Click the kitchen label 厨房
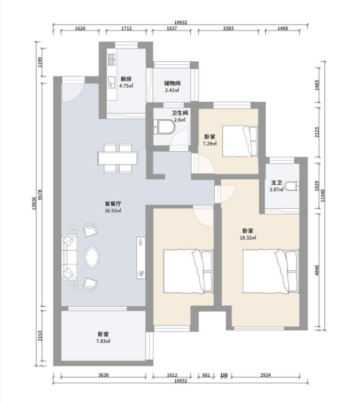tap(126, 79)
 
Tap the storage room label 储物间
tap(172, 84)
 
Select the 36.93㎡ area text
tap(113, 211)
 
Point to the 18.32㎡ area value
tap(248, 237)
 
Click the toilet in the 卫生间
tap(165, 127)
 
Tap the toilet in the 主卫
tap(292, 186)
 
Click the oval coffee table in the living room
tap(92, 257)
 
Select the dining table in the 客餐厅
tap(117, 158)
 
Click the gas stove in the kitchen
tap(111, 59)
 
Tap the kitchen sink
tap(111, 82)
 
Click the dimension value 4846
tap(317, 270)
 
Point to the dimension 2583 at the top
tap(228, 28)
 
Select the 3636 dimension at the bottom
tap(103, 375)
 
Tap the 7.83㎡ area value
tap(103, 341)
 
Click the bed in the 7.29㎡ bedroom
tap(239, 141)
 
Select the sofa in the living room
tap(69, 257)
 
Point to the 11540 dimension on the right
tap(323, 195)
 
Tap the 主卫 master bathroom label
tap(276, 183)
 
